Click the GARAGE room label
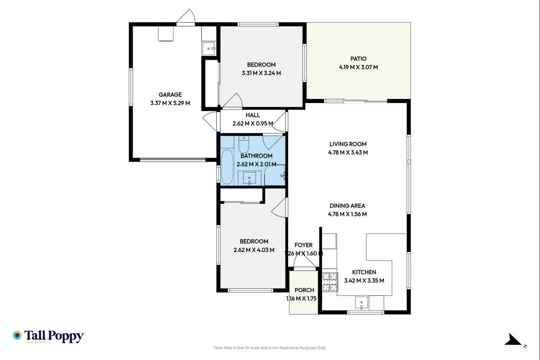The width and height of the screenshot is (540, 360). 170,94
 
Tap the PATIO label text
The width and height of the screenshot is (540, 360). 358,58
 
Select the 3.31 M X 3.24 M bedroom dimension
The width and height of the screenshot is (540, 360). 261,73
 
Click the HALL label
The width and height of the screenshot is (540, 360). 253,115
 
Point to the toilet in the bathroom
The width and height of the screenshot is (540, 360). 244,144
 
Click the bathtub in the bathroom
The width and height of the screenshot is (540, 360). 227,167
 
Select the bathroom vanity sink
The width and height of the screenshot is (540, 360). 249,178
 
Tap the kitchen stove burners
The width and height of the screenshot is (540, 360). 330,282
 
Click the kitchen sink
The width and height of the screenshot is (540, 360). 361,303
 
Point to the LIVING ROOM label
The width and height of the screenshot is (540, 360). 348,144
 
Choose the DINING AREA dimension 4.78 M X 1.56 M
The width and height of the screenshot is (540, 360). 347,214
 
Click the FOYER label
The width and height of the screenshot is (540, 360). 303,245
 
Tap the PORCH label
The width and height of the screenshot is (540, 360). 304,290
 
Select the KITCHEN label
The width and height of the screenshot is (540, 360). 364,272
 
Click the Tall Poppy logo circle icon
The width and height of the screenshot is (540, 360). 18,335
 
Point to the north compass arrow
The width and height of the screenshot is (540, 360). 513,340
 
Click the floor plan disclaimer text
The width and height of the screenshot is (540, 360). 270,348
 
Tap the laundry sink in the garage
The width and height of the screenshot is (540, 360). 209,49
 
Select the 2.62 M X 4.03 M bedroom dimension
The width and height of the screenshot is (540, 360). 254,250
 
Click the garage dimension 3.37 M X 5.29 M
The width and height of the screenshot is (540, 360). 170,103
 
